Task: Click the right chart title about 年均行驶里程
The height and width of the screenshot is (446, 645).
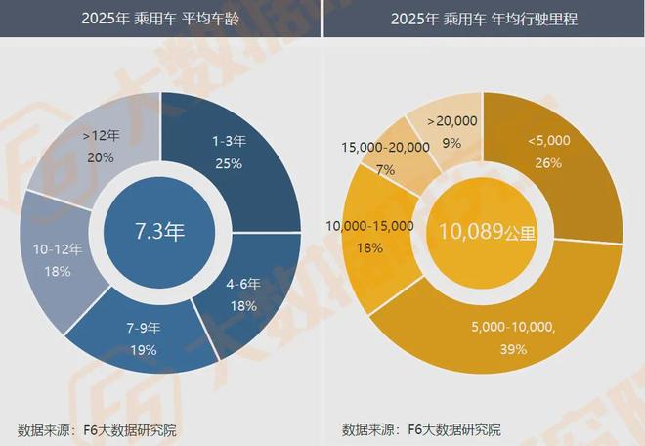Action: (x=484, y=19)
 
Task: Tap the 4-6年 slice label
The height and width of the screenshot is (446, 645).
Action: (x=242, y=284)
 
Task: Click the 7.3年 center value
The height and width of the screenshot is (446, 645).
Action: (x=159, y=232)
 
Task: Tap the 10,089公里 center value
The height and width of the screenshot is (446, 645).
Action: (x=485, y=232)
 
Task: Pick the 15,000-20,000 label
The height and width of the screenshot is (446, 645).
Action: (x=385, y=147)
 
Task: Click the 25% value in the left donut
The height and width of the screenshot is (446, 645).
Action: (x=228, y=163)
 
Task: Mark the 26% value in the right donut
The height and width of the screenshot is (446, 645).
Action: (x=547, y=163)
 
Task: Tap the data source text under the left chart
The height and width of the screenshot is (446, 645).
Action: (x=98, y=430)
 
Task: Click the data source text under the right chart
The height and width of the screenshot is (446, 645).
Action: (x=422, y=430)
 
